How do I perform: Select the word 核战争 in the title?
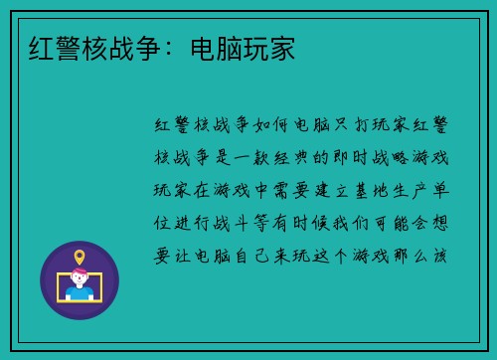pyautogui.click(x=108, y=47)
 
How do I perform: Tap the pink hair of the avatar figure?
pyautogui.click(x=80, y=277)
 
